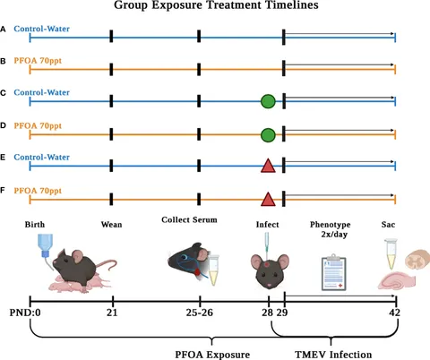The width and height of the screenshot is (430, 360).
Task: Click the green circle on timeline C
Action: [268, 101]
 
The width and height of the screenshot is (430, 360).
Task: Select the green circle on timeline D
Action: [268, 135]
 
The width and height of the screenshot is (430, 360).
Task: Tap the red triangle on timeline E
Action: [268, 166]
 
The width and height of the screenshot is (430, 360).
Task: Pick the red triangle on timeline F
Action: [268, 199]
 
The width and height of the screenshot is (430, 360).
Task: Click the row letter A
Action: [3, 30]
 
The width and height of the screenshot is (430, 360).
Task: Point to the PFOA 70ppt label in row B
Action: [38, 61]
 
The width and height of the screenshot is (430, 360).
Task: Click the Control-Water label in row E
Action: [41, 157]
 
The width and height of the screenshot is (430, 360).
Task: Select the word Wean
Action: [111, 225]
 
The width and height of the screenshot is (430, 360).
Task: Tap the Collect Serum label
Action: [189, 219]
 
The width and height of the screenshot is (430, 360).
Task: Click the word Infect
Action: [267, 225]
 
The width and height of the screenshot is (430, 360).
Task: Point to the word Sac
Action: [388, 225]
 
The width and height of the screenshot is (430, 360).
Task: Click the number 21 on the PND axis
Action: [112, 313]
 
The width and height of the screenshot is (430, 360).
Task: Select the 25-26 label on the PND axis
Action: [200, 313]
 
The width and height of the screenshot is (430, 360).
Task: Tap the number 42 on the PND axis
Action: [394, 313]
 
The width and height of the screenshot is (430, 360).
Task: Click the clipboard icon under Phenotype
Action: [334, 272]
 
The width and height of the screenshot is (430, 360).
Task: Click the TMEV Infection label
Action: [333, 355]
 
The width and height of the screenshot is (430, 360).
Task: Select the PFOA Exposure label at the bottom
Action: [212, 355]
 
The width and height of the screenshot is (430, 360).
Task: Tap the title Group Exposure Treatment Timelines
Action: [216, 5]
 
